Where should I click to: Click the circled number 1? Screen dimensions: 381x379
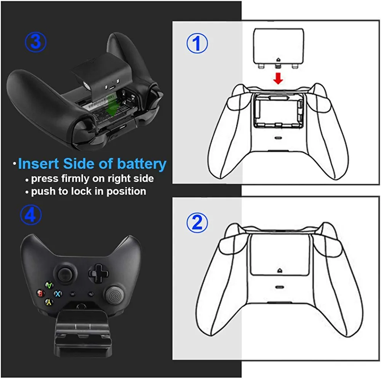point(197,43)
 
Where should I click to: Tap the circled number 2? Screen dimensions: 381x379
point(197,223)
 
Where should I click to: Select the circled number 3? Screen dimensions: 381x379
point(36,42)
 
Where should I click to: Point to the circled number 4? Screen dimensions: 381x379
point(31,215)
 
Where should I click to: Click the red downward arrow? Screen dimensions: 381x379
point(278,78)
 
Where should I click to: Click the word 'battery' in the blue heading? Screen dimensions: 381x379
point(142,164)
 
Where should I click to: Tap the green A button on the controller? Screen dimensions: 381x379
point(49,285)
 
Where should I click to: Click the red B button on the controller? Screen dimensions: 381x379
point(40,293)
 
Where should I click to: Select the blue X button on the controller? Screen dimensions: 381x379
point(58,294)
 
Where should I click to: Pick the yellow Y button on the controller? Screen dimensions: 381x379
point(49,302)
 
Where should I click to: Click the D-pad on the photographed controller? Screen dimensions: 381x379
point(98,273)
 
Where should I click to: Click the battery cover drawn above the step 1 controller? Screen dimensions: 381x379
point(278,48)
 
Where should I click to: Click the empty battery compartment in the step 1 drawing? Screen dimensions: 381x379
point(278,111)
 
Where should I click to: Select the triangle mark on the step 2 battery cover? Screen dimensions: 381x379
point(280,270)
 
